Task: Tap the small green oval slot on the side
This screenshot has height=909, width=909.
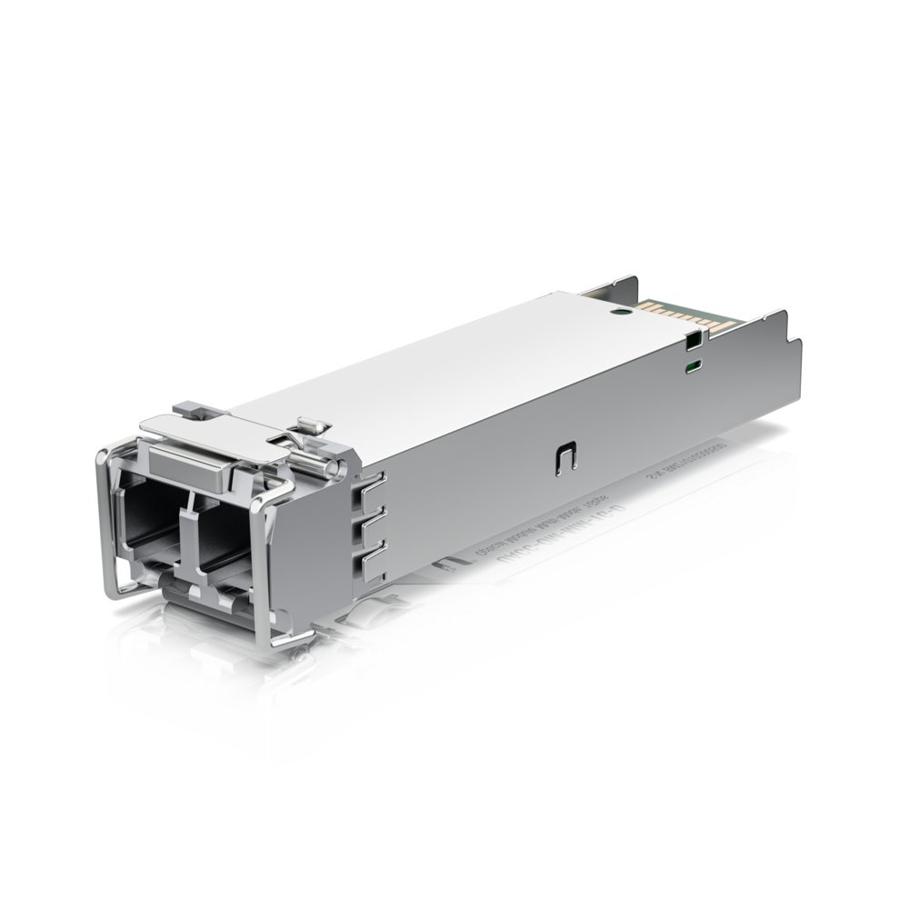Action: [x=693, y=366]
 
